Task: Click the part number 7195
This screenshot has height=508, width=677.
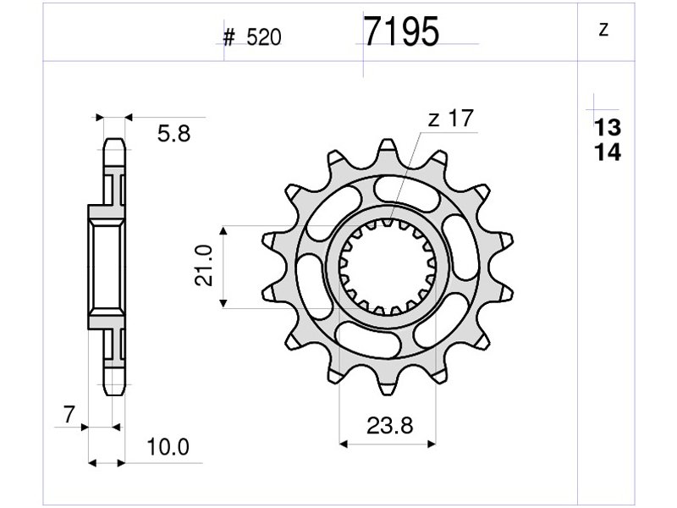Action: click(x=401, y=31)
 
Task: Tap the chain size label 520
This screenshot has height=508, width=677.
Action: click(x=264, y=37)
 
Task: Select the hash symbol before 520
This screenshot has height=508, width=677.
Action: click(x=228, y=38)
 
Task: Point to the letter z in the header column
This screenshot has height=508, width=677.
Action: click(x=604, y=30)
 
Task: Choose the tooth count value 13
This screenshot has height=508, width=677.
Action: click(x=608, y=128)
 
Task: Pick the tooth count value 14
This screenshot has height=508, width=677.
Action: click(x=608, y=152)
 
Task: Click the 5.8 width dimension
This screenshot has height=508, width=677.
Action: click(x=173, y=134)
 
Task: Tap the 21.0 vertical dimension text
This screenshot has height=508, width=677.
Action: click(x=204, y=266)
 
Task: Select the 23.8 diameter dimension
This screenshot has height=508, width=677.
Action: click(x=390, y=426)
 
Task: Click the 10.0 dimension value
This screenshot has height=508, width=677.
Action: click(x=168, y=447)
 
